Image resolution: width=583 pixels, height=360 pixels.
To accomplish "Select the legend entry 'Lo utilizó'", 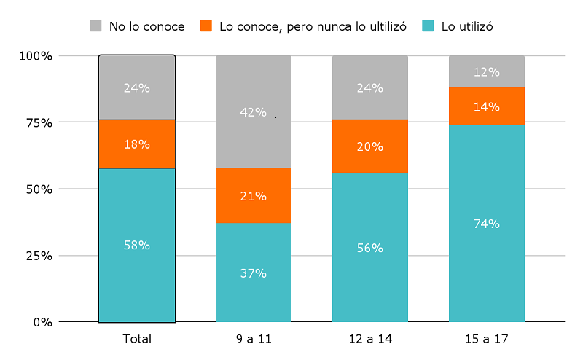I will (x=467, y=26).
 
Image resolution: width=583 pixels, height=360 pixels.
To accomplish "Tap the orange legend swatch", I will (x=206, y=26).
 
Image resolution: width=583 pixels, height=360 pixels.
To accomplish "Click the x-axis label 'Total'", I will (x=137, y=339).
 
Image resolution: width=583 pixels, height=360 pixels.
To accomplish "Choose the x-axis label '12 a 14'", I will (x=369, y=339).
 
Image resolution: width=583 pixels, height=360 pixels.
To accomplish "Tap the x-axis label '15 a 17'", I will (x=486, y=339).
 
